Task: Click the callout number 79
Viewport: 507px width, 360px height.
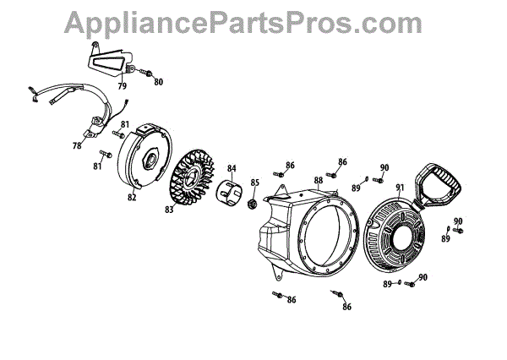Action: coord(122,85)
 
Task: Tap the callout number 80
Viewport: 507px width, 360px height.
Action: coord(158,82)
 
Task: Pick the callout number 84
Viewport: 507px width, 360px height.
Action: coord(232,167)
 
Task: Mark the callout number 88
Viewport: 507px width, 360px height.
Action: coord(319,180)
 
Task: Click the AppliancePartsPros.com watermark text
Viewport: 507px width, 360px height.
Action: coord(254,20)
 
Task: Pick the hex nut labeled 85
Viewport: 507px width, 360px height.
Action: coord(250,205)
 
